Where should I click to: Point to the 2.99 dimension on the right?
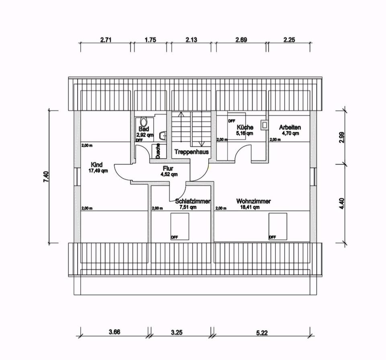pos(341,137)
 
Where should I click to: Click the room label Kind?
pos(97,165)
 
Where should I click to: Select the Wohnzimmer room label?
pos(253,201)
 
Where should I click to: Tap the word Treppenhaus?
pos(191,152)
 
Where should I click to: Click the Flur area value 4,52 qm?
pos(169,174)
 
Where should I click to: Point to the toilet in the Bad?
pos(144,121)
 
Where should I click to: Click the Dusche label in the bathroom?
pos(158,150)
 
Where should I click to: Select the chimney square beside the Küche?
pos(264,125)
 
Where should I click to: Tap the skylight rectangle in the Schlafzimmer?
pos(180,226)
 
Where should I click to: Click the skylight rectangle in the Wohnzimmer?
pos(278,226)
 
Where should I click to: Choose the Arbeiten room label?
pos(290,127)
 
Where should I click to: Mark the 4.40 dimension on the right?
pos(341,204)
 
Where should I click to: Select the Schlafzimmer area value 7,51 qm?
pos(188,207)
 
